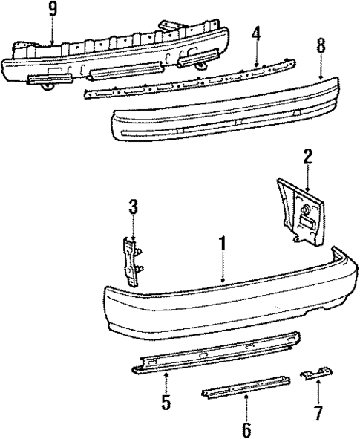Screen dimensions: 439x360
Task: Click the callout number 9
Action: click(51, 10)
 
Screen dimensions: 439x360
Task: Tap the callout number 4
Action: click(255, 33)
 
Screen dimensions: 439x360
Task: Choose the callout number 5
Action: click(166, 403)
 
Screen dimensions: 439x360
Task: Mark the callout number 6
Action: click(246, 429)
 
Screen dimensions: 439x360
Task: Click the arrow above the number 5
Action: click(166, 380)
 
